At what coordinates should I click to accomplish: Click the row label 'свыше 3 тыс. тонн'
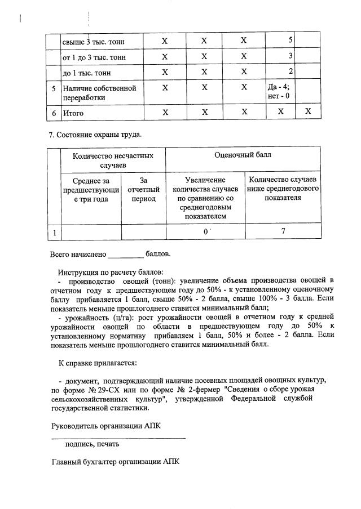coord(94,42)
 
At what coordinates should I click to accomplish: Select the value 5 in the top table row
coord(290,41)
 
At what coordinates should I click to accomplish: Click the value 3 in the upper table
coord(290,56)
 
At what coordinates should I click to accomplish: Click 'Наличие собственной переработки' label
coord(100,93)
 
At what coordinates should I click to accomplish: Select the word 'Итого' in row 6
coord(73,113)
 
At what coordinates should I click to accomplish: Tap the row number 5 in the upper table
coord(54,88)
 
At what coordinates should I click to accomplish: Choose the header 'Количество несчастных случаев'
coord(113,159)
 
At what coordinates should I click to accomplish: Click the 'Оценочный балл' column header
coord(243,155)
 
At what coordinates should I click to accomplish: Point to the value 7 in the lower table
coord(283,231)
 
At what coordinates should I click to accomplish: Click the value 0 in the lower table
coord(205,231)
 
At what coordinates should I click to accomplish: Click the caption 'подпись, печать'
coord(92,444)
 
